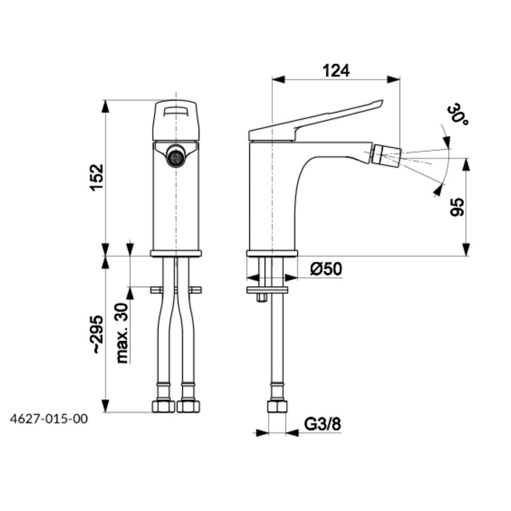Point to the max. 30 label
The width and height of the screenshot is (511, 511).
[x=122, y=332]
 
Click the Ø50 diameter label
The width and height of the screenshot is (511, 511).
[x=326, y=269]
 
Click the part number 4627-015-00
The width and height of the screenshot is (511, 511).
[x=49, y=419]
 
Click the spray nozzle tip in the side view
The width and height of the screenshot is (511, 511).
[x=388, y=153]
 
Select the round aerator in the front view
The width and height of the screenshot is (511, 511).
[x=176, y=156]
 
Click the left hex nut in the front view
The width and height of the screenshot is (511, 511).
[x=164, y=407]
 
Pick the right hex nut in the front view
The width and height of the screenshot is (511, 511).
[x=188, y=407]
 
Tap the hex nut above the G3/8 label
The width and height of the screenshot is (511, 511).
[x=277, y=407]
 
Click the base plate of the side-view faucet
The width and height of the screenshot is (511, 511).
[x=272, y=253]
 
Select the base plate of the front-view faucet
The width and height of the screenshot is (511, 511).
[x=176, y=253]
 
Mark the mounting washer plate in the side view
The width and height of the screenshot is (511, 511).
[x=267, y=290]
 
